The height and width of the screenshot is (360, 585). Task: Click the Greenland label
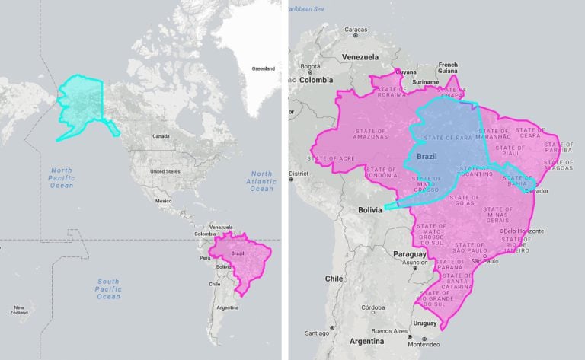263,68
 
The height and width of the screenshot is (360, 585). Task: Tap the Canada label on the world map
161,136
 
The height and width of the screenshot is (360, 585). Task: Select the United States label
165,171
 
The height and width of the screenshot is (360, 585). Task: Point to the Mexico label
164,201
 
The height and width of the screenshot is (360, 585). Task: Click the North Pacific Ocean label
62,177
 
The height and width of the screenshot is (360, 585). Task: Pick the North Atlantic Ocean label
261,181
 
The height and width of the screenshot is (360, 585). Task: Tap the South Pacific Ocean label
108,288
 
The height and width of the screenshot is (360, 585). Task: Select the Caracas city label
356,30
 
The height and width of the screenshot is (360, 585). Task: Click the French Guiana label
448,68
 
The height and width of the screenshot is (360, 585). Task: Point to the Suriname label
425,81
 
